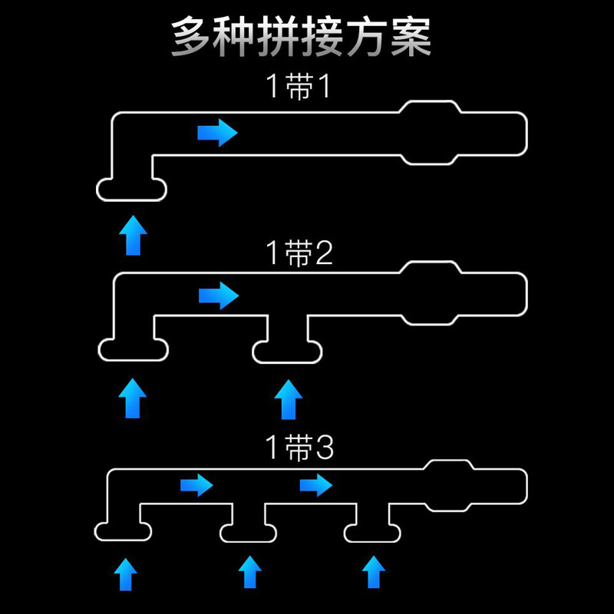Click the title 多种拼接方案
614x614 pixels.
301,36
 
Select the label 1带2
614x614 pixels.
299,253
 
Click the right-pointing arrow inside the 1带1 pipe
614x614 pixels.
217,133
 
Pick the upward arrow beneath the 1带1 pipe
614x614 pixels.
134,235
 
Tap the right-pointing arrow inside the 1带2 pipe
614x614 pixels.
219,295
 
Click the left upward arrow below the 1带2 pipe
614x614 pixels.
133,398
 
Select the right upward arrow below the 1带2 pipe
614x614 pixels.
289,399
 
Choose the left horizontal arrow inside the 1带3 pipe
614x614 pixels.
196,485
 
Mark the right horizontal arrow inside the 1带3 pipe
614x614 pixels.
315,485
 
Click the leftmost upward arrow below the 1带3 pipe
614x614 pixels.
125,573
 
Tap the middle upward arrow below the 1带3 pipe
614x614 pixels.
249,573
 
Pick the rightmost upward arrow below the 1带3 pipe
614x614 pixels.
373,573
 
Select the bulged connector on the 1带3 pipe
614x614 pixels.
449,485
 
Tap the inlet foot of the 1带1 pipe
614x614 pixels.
132,189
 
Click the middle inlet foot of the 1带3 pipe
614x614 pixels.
249,531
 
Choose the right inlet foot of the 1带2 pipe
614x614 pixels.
288,351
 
